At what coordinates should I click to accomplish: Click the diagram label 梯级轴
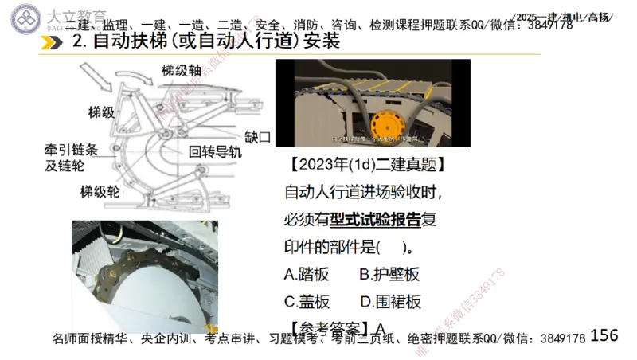point(182,70)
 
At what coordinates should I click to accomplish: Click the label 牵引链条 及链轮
point(70,158)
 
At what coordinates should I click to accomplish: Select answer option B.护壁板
point(389,275)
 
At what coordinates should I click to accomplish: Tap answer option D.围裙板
point(390,302)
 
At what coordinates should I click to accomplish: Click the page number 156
point(604,335)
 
